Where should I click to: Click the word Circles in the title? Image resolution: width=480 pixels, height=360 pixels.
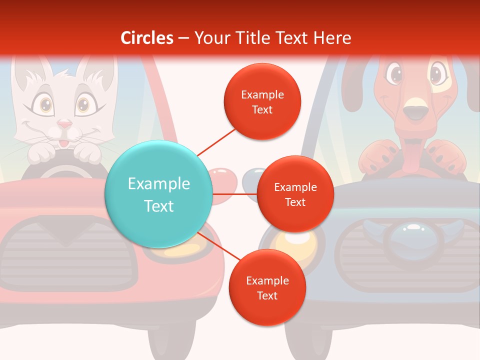147,38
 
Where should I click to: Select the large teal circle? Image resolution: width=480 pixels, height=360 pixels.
159,194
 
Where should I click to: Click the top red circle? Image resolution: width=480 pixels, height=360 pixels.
262,102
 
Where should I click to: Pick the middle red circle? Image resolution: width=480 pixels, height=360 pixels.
295,194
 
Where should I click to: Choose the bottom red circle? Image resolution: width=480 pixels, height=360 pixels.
267,288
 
